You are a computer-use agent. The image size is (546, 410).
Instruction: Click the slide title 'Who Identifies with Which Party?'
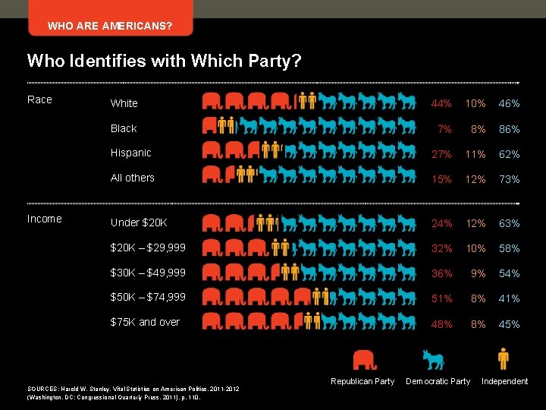[164, 60]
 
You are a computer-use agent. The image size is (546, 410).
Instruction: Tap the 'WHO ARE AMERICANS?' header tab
[109, 27]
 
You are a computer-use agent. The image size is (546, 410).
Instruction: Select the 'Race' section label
[39, 99]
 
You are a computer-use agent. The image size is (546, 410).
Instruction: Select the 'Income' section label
[44, 219]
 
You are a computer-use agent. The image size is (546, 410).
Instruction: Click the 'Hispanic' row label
[131, 153]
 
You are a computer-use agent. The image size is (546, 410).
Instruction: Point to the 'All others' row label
[132, 178]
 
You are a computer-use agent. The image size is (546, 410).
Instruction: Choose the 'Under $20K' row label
[139, 223]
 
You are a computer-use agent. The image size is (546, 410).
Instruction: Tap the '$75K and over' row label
[145, 322]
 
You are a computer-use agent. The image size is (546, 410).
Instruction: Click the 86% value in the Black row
[509, 129]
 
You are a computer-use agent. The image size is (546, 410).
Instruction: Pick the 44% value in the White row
[441, 103]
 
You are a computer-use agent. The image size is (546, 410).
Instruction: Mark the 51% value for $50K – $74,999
[441, 299]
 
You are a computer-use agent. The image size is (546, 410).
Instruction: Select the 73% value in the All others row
[509, 180]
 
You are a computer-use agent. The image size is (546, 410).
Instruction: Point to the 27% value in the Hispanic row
[441, 154]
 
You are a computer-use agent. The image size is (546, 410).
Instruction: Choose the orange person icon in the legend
[504, 358]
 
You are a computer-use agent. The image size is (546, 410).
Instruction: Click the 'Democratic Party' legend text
[438, 381]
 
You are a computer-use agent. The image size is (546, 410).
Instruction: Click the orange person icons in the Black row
[227, 125]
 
